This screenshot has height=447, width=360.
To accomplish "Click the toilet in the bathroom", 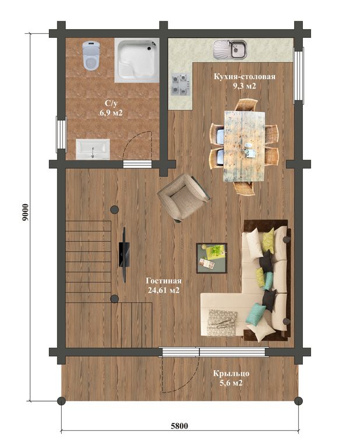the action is pos(91,55).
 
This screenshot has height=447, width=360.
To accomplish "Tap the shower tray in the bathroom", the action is pos(137,61).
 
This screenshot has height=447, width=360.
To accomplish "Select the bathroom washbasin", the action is pos(93,150).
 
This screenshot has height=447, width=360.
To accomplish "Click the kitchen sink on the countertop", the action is pos(230,49).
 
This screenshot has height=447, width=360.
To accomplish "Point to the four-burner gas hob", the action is pos(181,84).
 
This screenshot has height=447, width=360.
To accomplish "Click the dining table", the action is pos(244,146).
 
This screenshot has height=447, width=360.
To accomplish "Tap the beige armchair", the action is pos(183,197).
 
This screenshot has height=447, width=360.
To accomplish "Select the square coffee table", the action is pos(211,258).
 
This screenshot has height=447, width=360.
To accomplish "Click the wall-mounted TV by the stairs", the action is pos(125,254).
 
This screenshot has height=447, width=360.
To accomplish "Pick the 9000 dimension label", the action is pos(26,212).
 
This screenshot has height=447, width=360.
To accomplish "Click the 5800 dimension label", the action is pos(179,426).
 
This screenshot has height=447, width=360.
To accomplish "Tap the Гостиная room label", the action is pos(164,281).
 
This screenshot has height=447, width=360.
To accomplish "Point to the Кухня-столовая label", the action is pos(245,77).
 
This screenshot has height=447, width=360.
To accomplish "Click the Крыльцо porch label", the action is pos(231,374).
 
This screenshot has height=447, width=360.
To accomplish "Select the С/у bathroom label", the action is pos(111,104).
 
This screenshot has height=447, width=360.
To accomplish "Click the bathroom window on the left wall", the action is pos(61,133).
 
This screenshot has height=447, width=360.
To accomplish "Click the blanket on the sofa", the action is pos(223,322).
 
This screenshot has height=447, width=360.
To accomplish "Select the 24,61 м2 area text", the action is pos(164,290).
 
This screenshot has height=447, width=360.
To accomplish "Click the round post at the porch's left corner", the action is pos(61,401).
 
